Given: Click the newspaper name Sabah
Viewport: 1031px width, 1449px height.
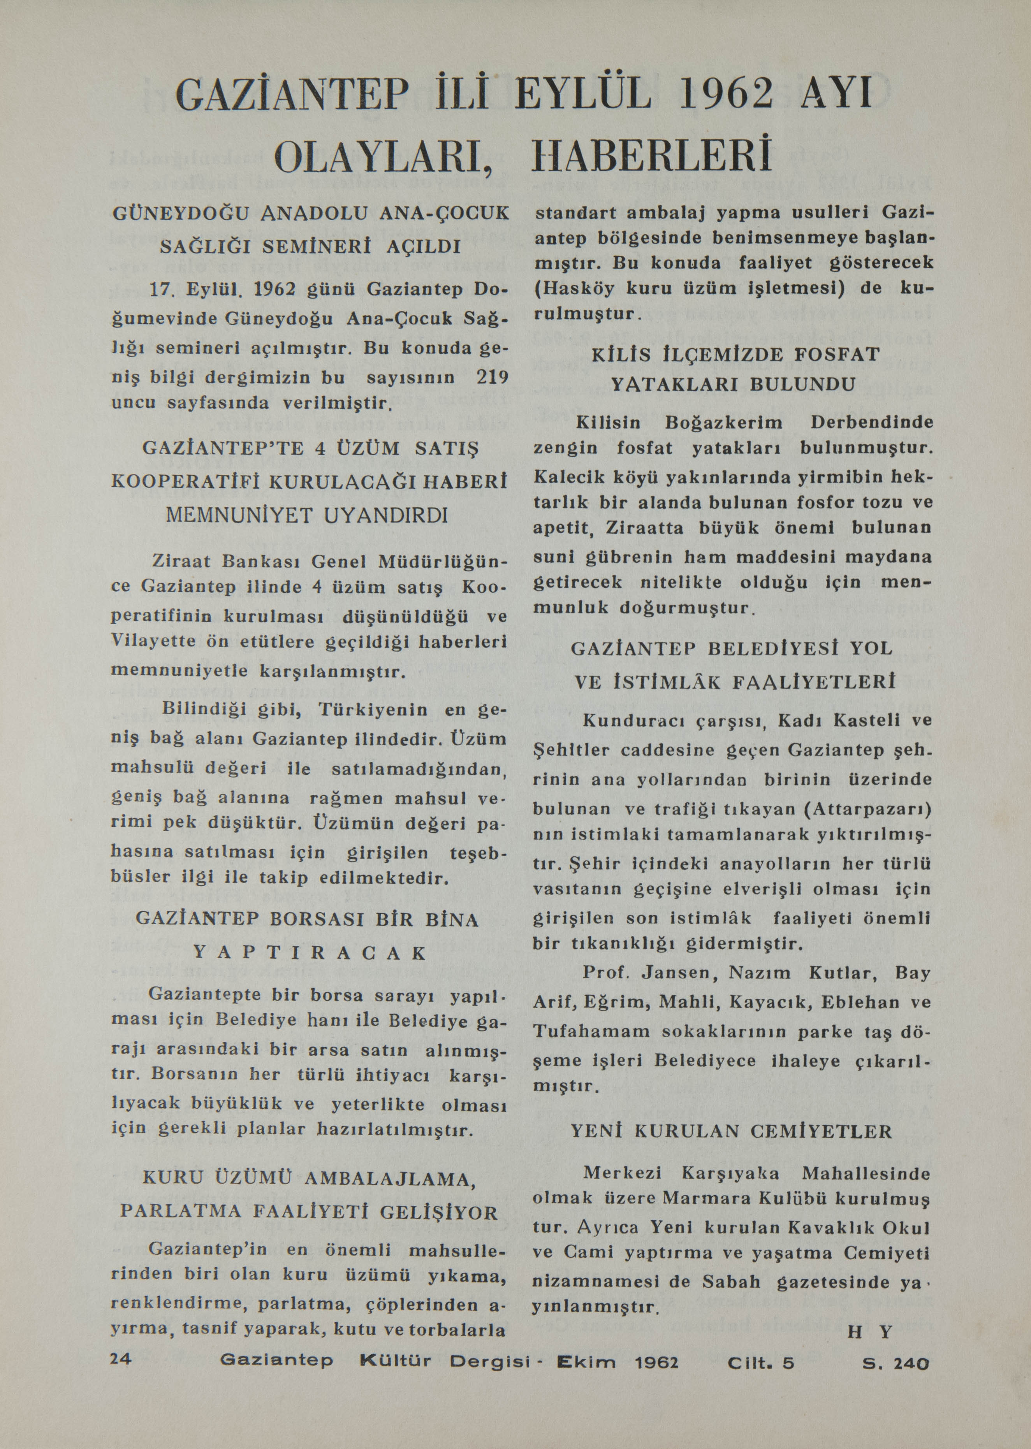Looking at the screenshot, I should pos(731,1281).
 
